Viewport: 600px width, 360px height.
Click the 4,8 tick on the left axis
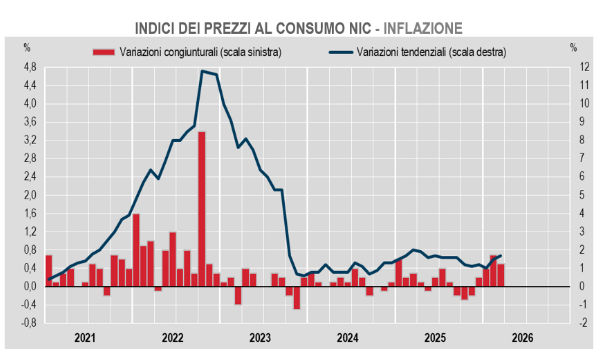29,67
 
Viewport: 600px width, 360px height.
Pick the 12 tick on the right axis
569,67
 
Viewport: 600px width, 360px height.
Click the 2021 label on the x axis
86,338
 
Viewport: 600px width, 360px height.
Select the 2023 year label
261,338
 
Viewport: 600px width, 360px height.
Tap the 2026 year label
523,338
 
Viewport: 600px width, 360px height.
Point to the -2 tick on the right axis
569,323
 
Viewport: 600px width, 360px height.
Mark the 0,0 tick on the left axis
29,286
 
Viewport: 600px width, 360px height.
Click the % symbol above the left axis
28,47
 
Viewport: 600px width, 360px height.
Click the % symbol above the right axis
572,47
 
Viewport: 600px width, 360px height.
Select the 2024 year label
348,338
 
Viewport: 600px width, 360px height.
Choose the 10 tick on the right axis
569,104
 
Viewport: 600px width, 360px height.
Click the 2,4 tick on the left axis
29,177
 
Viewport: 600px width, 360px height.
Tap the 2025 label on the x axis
436,338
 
